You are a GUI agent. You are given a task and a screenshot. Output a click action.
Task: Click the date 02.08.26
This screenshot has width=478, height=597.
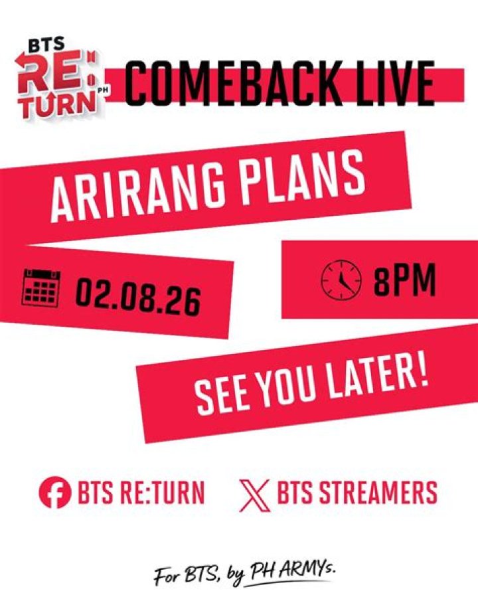click(137, 297)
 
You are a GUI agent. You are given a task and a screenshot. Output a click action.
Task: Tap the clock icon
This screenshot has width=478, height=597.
click(341, 280)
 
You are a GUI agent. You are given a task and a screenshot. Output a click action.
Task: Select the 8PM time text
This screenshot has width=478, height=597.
click(404, 281)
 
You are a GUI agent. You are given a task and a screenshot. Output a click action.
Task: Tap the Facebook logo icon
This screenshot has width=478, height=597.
click(55, 492)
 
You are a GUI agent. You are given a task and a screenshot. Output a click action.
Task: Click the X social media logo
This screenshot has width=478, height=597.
click(255, 495)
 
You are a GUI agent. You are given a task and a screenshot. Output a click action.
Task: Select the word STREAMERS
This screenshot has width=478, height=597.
click(378, 492)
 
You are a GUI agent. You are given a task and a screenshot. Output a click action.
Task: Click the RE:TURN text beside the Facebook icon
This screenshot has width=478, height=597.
click(162, 492)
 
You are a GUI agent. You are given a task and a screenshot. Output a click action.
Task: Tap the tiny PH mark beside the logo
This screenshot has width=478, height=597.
click(102, 90)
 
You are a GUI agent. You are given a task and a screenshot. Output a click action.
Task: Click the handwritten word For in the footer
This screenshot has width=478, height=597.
click(167, 576)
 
